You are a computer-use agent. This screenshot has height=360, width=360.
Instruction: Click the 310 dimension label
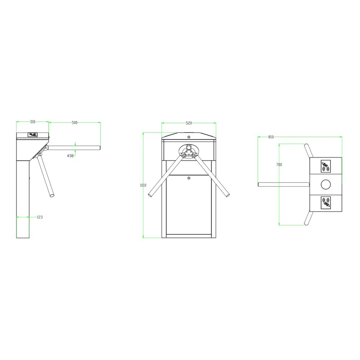(33, 122)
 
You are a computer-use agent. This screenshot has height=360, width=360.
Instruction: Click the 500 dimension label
(75, 123)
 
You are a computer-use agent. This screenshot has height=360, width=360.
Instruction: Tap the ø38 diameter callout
(70, 156)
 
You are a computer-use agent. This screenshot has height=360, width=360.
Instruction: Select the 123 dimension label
(40, 217)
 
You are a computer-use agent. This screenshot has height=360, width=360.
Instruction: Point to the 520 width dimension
(189, 123)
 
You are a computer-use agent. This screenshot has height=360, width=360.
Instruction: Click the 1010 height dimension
(143, 185)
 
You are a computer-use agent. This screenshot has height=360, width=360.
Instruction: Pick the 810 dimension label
(271, 137)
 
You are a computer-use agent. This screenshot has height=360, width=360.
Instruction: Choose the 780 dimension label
(279, 165)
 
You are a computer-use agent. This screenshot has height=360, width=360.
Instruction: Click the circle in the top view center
(325, 184)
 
